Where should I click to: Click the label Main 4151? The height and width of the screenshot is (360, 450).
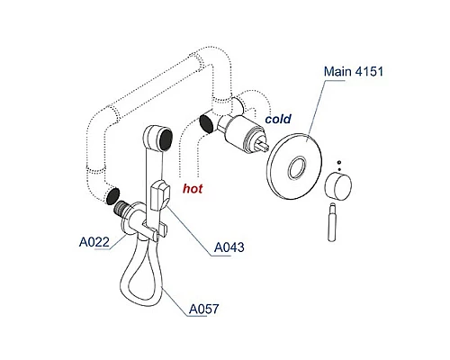click(x=354, y=71)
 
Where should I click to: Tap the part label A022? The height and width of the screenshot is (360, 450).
click(x=94, y=242)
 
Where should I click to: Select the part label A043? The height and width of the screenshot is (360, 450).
click(x=229, y=247)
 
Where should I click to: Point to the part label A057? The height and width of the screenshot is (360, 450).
click(x=203, y=309)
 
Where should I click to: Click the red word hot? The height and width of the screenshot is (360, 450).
click(x=193, y=189)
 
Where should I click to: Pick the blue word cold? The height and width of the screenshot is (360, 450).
click(x=278, y=119)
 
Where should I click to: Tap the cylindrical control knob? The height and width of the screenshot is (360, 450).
click(x=338, y=185)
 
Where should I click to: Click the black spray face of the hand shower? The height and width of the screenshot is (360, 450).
click(x=166, y=139)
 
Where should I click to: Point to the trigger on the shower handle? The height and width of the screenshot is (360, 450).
click(x=160, y=195)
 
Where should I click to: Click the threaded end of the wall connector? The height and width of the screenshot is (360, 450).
click(x=121, y=207)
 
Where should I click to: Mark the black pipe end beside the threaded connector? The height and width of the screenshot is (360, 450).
click(x=112, y=195)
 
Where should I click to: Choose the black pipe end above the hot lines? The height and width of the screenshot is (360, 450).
click(x=206, y=123)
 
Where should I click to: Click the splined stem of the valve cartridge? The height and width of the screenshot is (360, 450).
click(x=265, y=144)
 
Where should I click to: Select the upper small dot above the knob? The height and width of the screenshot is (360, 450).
click(x=339, y=163)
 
